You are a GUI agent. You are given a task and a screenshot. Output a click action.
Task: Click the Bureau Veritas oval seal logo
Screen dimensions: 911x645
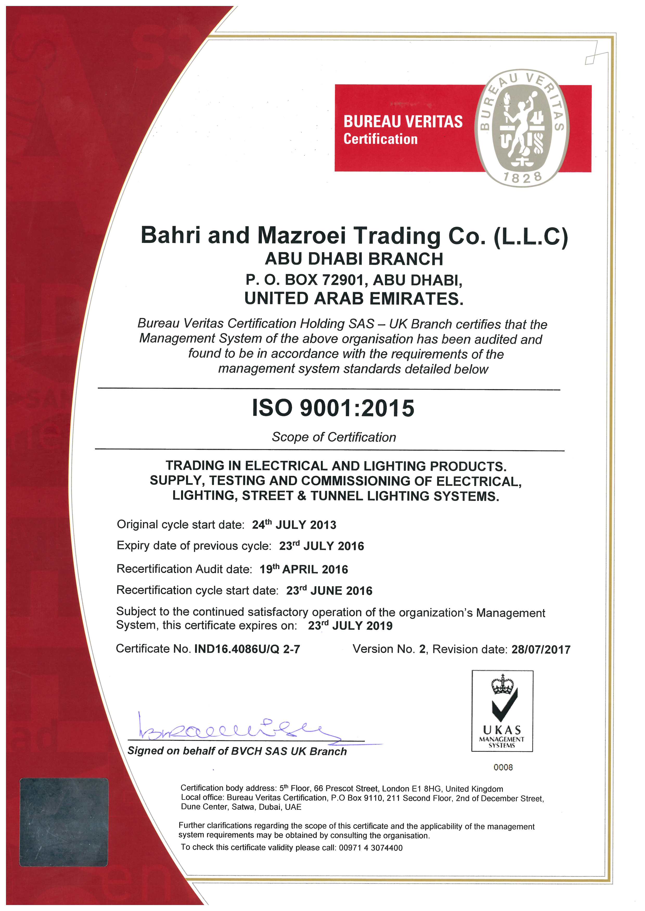(x=523, y=128)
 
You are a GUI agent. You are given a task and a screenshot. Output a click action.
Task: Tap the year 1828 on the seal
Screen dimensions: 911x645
(x=523, y=177)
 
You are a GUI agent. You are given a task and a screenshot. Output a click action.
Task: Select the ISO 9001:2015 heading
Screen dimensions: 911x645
(x=333, y=408)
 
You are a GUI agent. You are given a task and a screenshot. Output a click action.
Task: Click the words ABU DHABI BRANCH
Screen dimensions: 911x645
(x=354, y=259)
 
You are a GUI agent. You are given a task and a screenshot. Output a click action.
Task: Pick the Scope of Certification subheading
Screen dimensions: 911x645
(x=334, y=437)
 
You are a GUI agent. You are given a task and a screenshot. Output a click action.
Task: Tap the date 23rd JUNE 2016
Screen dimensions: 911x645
(x=329, y=590)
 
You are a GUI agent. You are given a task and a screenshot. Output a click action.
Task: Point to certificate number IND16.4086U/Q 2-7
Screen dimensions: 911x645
(x=247, y=649)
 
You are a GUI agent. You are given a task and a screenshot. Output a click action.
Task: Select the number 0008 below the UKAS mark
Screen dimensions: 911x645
(x=503, y=767)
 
